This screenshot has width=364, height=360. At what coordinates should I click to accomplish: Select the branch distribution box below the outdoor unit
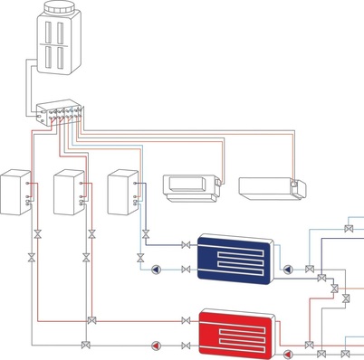[x=59, y=116]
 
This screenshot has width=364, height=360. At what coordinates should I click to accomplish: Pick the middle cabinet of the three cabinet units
[x=70, y=192]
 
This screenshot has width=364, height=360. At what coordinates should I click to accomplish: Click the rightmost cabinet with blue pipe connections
[x=122, y=192]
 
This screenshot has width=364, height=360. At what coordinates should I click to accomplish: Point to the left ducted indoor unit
[x=192, y=186]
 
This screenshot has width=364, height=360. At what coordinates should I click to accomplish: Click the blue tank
[x=235, y=258]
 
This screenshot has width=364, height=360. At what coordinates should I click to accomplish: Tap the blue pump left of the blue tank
[x=159, y=270]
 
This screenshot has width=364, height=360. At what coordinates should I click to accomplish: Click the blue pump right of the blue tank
[x=288, y=270]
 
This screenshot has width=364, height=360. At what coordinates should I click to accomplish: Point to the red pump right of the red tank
[x=288, y=353]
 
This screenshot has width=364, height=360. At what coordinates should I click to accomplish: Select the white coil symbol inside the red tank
[x=236, y=335]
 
